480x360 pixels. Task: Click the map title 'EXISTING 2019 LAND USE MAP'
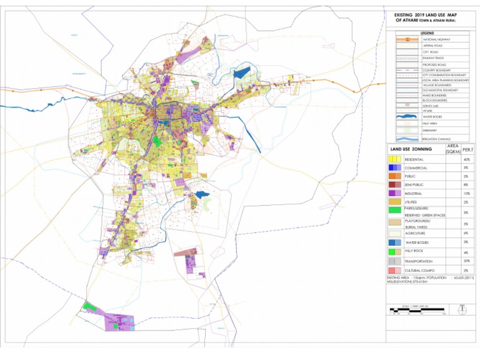[431, 15]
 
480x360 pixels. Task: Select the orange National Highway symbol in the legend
[407, 39]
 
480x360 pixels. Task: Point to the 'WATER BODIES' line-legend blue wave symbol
[407, 115]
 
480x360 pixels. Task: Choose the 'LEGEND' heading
[427, 32]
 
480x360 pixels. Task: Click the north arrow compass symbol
[462, 309]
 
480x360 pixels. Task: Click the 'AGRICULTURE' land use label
[418, 232]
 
